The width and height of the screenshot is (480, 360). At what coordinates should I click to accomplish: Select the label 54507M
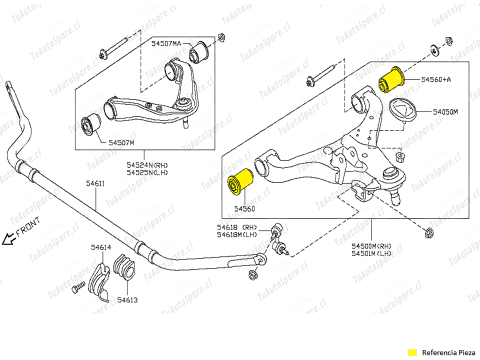click(121, 142)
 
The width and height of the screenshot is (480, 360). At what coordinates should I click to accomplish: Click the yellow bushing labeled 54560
click(240, 183)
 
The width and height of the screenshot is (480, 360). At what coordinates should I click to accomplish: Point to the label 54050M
click(445, 112)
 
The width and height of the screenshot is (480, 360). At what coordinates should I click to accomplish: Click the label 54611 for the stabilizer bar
click(95, 183)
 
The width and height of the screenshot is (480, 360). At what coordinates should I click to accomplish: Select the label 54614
click(101, 247)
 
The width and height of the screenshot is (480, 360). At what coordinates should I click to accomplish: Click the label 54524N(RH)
click(147, 164)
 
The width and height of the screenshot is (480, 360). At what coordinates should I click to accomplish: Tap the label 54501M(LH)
click(371, 253)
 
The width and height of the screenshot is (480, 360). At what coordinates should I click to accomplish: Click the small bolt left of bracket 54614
click(78, 288)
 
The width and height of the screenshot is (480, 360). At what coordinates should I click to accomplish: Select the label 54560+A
click(435, 79)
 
